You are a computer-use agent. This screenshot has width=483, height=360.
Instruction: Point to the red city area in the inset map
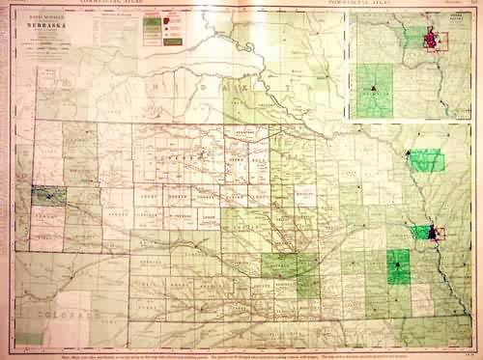click(x=439, y=42)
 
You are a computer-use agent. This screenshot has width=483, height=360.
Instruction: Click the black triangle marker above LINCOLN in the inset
click(x=372, y=88)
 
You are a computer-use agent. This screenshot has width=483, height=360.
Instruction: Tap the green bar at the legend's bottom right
click(x=153, y=42)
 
